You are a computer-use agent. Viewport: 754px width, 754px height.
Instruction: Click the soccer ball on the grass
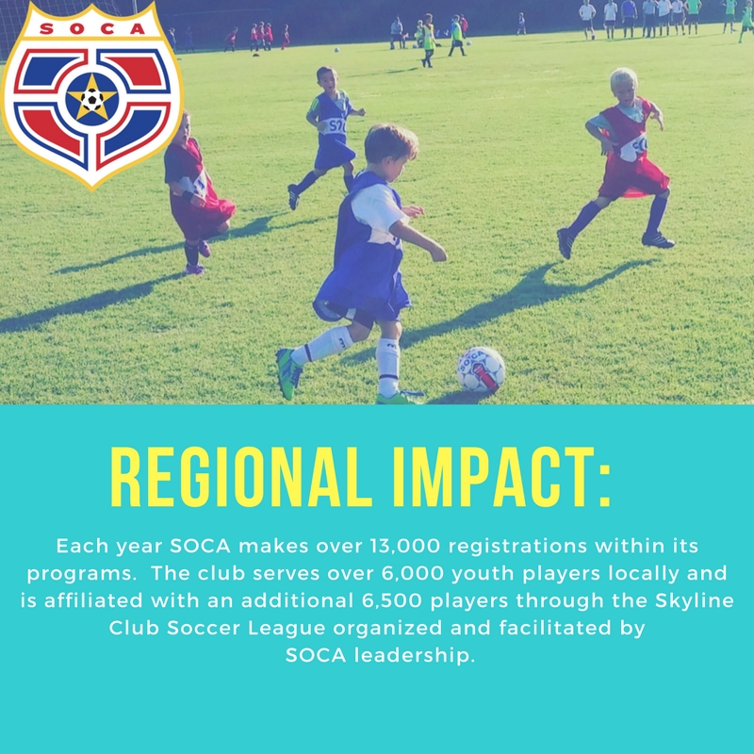(481, 369)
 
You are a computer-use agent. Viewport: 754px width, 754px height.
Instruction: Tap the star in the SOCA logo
(91, 97)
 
